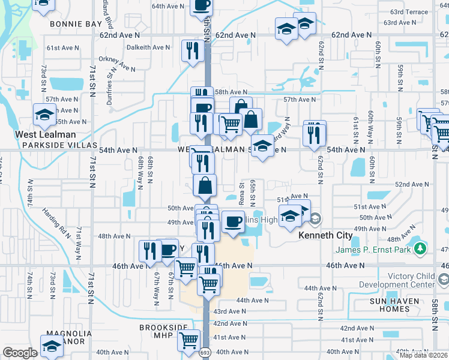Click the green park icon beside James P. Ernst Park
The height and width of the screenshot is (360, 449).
(x=421, y=248)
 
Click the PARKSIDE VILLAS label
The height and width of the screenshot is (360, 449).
(x=59, y=146)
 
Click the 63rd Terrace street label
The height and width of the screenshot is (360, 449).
(x=409, y=12)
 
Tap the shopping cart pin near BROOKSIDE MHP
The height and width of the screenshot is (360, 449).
(x=189, y=340)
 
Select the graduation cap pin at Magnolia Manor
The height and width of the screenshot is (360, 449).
(x=52, y=346)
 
